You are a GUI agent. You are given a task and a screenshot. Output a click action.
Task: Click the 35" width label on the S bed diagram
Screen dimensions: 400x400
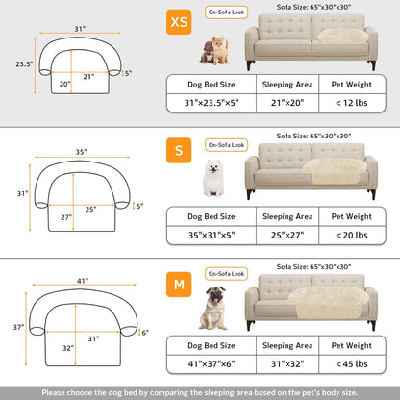point(80,151)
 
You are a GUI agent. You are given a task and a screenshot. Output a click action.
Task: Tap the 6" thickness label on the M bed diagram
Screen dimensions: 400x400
point(144,334)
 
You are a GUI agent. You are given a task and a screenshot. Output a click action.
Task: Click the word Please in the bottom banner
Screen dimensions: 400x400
point(55,391)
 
